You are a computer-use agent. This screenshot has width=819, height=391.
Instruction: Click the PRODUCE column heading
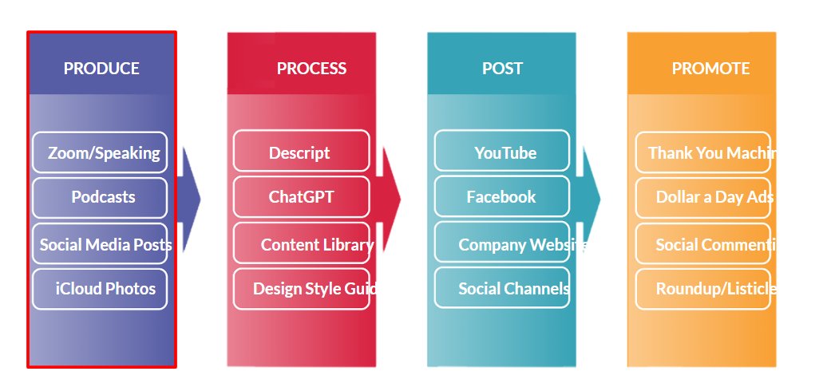(x=101, y=69)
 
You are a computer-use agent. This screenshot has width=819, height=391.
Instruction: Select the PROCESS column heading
(x=311, y=69)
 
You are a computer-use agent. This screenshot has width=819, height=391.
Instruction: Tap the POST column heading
(x=502, y=69)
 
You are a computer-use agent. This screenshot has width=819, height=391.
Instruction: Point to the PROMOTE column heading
(x=710, y=69)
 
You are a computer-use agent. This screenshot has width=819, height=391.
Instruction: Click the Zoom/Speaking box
(x=100, y=152)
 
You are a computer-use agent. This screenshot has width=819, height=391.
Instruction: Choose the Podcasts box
(x=100, y=197)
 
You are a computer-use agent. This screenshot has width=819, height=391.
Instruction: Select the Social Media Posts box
(x=101, y=244)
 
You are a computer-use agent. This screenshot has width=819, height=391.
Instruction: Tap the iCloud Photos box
(x=100, y=289)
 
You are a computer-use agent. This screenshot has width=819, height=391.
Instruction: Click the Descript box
(x=301, y=152)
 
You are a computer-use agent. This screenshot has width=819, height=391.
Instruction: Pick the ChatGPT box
(x=301, y=197)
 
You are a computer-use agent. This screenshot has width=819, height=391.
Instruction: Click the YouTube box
(x=502, y=152)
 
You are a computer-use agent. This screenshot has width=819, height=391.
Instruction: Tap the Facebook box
(x=502, y=197)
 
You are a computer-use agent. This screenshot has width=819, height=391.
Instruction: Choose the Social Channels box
(x=503, y=289)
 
